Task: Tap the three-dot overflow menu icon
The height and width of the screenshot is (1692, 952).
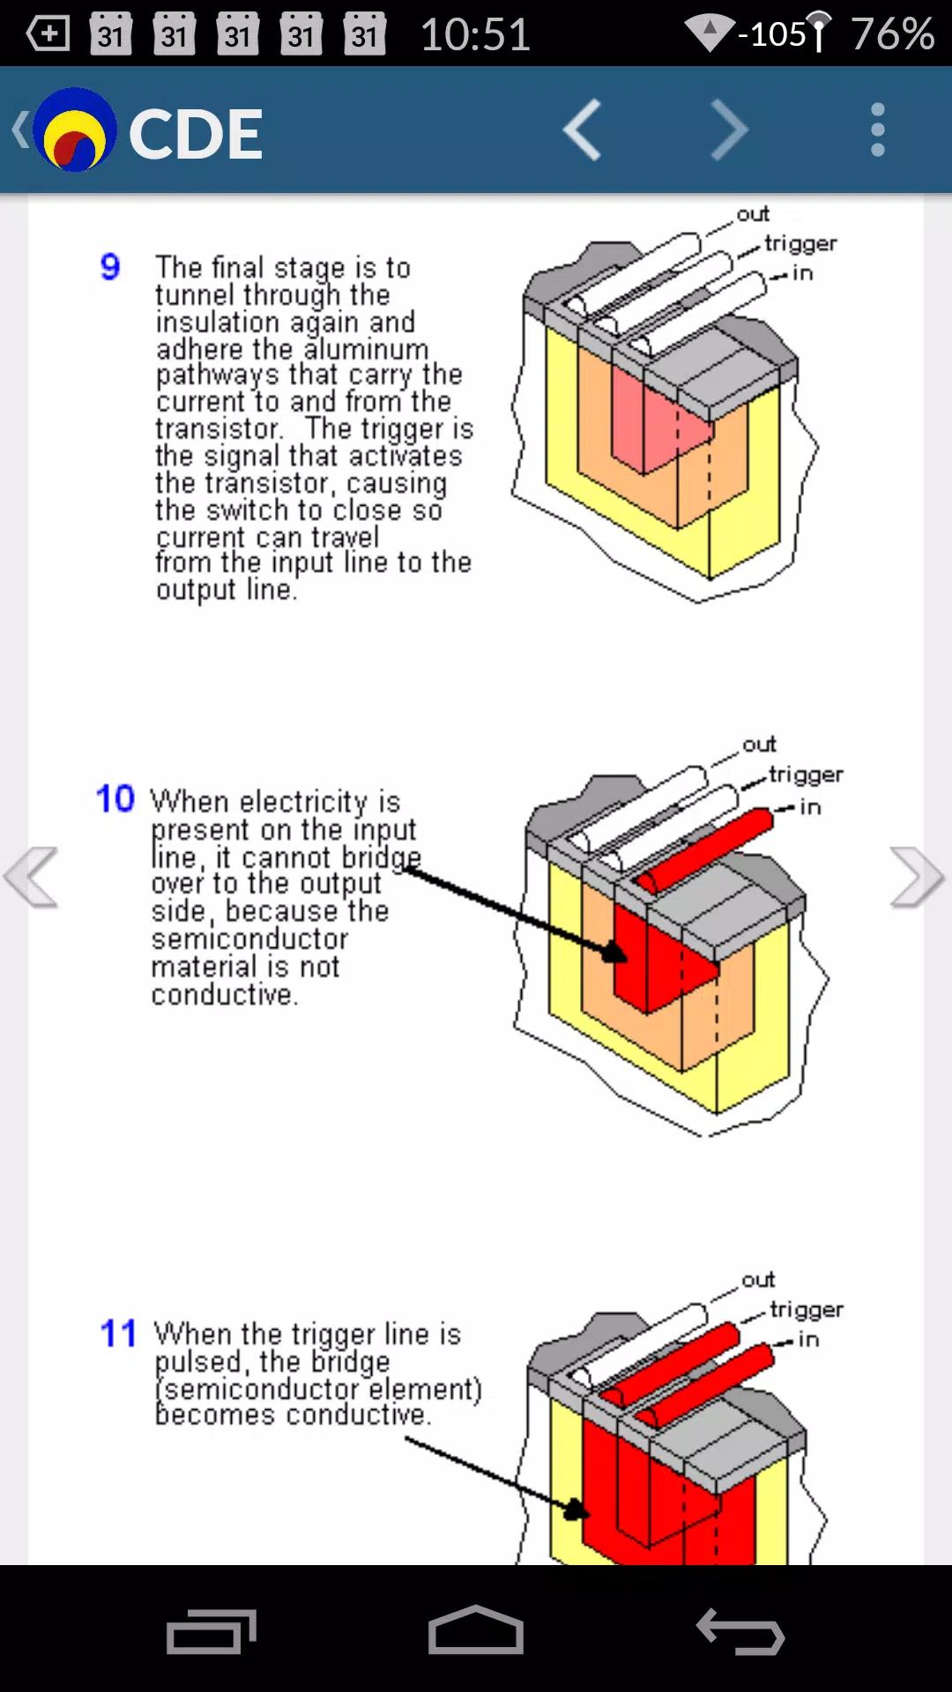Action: point(877,130)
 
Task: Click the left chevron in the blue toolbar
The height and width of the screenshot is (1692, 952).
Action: point(582,130)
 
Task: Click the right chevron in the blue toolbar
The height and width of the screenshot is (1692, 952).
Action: point(729,130)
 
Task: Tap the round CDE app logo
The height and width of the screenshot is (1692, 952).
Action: point(75,130)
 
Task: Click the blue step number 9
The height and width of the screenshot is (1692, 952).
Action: point(110,266)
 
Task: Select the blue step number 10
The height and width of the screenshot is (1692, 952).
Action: point(115,798)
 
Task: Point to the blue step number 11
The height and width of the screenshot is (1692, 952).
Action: point(118,1333)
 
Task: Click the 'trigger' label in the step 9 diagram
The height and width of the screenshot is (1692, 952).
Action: point(800,243)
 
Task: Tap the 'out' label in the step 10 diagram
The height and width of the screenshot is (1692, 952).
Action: point(759,745)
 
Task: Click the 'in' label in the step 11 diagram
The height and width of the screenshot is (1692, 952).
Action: point(808,1339)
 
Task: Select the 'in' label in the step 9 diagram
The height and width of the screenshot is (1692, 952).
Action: point(802,273)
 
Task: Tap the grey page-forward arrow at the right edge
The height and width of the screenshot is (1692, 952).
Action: point(917,877)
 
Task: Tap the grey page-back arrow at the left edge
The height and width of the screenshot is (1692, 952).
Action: point(32,877)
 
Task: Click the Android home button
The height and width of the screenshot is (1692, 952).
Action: point(476,1629)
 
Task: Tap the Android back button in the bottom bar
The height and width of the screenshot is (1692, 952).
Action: point(740,1631)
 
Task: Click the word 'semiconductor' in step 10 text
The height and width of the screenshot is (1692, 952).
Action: point(249,939)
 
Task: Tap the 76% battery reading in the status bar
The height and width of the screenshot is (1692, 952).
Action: point(892,34)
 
